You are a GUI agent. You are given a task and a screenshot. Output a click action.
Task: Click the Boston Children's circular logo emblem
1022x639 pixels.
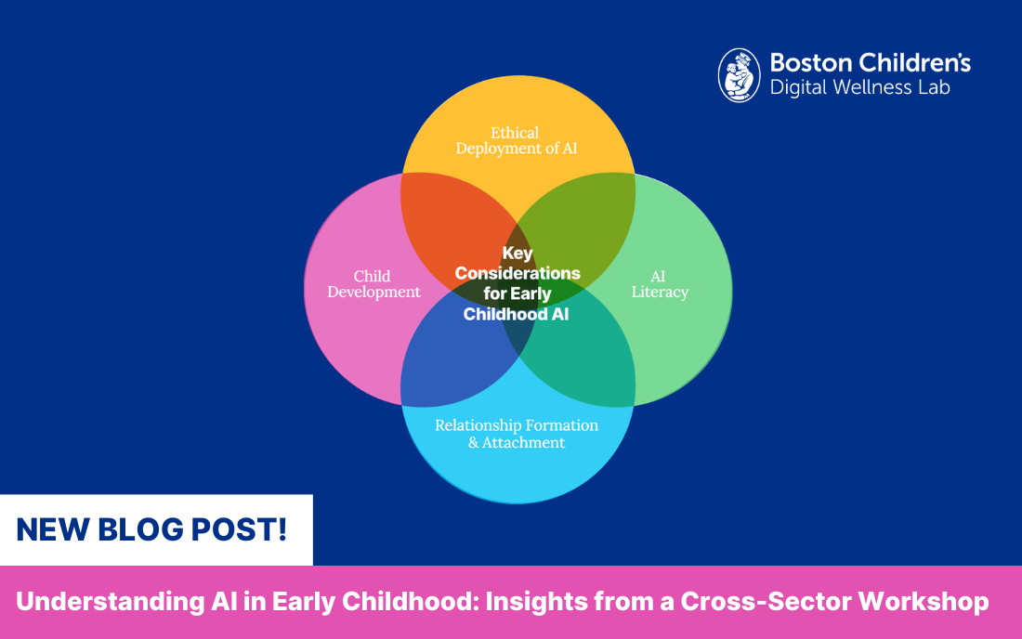[740, 75]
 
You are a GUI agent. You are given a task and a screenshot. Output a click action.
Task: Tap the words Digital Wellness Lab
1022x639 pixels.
[859, 88]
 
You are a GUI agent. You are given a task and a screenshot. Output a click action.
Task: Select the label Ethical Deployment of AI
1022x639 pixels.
[516, 140]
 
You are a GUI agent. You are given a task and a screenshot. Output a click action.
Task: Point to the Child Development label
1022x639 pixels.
[373, 284]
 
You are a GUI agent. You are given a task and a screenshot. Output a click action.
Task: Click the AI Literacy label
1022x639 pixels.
[660, 284]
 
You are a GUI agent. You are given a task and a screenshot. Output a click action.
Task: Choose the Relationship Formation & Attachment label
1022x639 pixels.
[517, 434]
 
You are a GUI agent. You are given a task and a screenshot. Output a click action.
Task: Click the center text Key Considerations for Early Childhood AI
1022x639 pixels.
[517, 283]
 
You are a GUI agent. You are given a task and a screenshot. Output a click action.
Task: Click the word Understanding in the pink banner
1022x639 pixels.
[89, 602]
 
